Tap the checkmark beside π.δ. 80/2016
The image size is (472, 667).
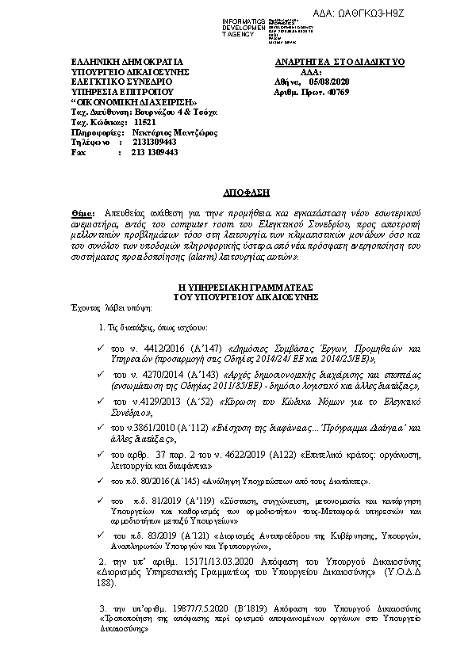coord(98,480)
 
